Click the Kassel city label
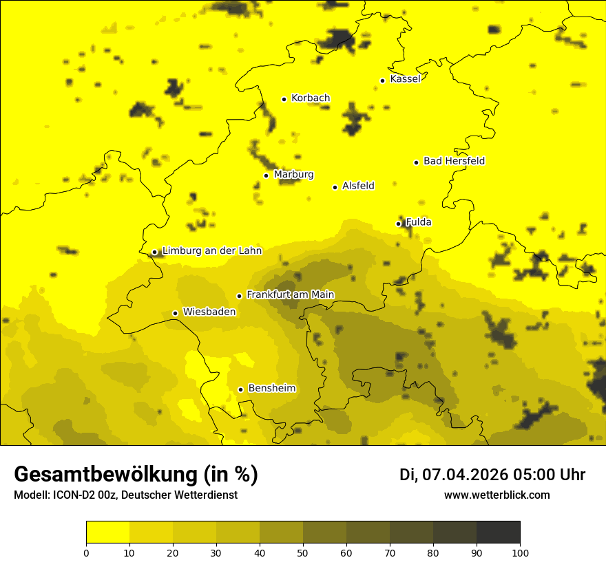click(x=405, y=79)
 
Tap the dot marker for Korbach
click(x=284, y=99)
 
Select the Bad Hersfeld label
click(x=454, y=161)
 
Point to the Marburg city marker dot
click(x=266, y=175)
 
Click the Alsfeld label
click(x=358, y=186)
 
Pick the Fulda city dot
click(x=398, y=224)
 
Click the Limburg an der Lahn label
click(x=211, y=251)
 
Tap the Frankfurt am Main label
click(x=290, y=295)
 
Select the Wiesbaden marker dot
click(x=175, y=313)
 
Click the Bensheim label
click(x=271, y=389)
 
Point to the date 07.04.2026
click(x=465, y=475)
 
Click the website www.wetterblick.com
click(x=497, y=495)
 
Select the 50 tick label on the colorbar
click(x=303, y=552)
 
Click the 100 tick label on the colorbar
click(x=520, y=552)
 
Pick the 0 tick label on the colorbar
click(x=86, y=552)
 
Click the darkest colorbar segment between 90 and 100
click(x=498, y=532)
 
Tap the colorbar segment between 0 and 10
click(x=107, y=532)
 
